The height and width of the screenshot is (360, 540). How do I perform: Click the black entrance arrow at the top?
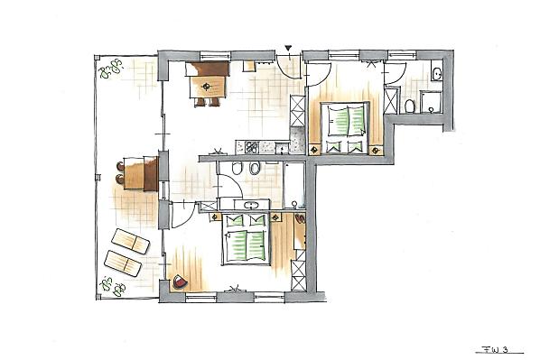(x=288, y=48)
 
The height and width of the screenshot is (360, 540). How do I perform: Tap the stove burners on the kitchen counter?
(x=251, y=148)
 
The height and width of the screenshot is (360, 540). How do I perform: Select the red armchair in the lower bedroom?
(x=180, y=282)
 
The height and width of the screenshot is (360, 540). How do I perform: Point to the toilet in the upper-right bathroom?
(x=409, y=106)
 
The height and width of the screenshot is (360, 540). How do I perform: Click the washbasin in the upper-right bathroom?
(x=437, y=73)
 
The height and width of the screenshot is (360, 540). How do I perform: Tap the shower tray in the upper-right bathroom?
(x=431, y=102)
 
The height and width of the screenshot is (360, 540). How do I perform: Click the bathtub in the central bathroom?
(x=293, y=185)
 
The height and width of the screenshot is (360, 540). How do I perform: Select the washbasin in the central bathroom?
(x=252, y=206)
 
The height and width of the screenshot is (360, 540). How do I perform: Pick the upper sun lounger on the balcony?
(x=131, y=241)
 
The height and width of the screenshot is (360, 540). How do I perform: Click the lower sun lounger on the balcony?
(x=123, y=263)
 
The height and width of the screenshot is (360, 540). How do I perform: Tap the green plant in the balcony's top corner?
(x=110, y=69)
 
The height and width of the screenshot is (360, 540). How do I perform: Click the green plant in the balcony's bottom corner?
(x=112, y=286)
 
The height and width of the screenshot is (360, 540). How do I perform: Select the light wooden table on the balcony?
(x=134, y=173)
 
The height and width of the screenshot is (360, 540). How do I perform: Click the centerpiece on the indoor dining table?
(x=206, y=87)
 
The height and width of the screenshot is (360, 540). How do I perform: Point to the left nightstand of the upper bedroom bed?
(x=314, y=150)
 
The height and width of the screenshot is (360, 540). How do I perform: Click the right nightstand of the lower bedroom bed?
(x=276, y=217)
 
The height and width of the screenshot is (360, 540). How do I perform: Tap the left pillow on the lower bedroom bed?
(x=235, y=220)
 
